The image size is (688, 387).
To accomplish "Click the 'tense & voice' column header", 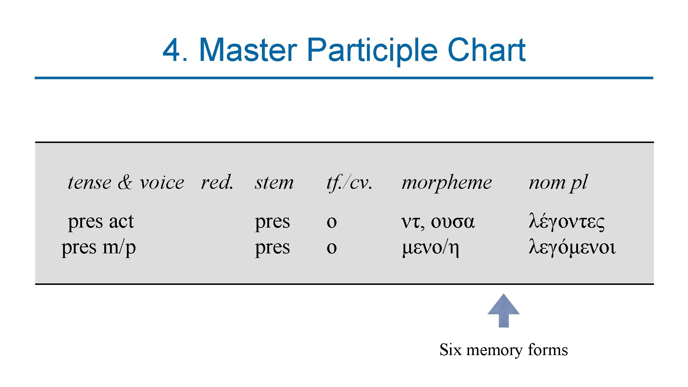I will pos(126,182).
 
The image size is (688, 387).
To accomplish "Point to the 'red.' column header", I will pos(217,182).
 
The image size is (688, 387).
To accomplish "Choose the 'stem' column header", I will pos(274,182).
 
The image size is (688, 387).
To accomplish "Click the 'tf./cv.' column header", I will pos(349,182).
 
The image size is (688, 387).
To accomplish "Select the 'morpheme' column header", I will pos(446,182).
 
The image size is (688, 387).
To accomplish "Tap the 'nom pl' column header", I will pos(558,182).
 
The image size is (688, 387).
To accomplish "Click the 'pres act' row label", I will pos(101,221).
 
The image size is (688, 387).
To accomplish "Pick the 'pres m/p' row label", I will pos(99,247).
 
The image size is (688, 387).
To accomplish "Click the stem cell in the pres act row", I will pos(272,221).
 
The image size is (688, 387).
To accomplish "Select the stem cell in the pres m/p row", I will pos(272,247).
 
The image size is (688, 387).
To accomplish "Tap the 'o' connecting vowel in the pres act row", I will pos(331,222).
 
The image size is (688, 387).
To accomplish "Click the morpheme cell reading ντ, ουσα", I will pos(438,221).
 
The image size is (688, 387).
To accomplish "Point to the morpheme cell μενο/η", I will pos(430,247).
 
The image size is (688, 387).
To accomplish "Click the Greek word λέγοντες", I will pos(567,221).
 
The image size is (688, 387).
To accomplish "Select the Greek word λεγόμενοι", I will pos(572,247).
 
